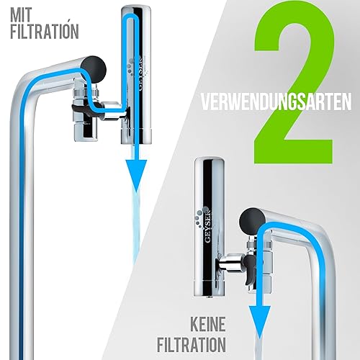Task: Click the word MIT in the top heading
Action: click(21, 15)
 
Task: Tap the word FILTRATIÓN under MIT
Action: click(45, 32)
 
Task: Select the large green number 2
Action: click(294, 82)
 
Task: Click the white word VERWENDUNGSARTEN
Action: click(276, 102)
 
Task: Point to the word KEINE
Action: click(208, 324)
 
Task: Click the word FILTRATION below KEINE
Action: click(192, 345)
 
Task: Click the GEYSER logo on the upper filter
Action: click(141, 73)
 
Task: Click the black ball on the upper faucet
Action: click(94, 68)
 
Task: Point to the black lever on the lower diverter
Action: click(249, 269)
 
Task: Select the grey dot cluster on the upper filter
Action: click(132, 66)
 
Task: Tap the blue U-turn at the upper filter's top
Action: click(131, 17)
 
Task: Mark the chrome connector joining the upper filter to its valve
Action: click(113, 111)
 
